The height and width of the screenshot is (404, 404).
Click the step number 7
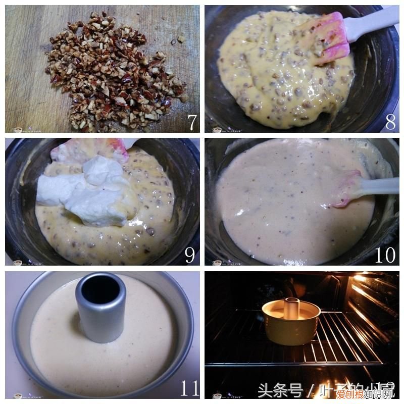(x=191, y=122)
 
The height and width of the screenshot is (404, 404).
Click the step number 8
(x=390, y=122)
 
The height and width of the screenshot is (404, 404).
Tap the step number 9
(x=190, y=255)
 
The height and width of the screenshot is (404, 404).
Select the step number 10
(x=385, y=255)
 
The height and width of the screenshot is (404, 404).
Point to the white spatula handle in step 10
(x=379, y=186)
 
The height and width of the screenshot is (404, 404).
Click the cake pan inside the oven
(x=291, y=323)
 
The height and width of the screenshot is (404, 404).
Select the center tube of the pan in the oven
(x=292, y=308)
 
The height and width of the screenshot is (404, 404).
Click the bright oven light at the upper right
(x=360, y=279)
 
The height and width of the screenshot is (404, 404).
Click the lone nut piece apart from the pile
(x=180, y=39)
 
